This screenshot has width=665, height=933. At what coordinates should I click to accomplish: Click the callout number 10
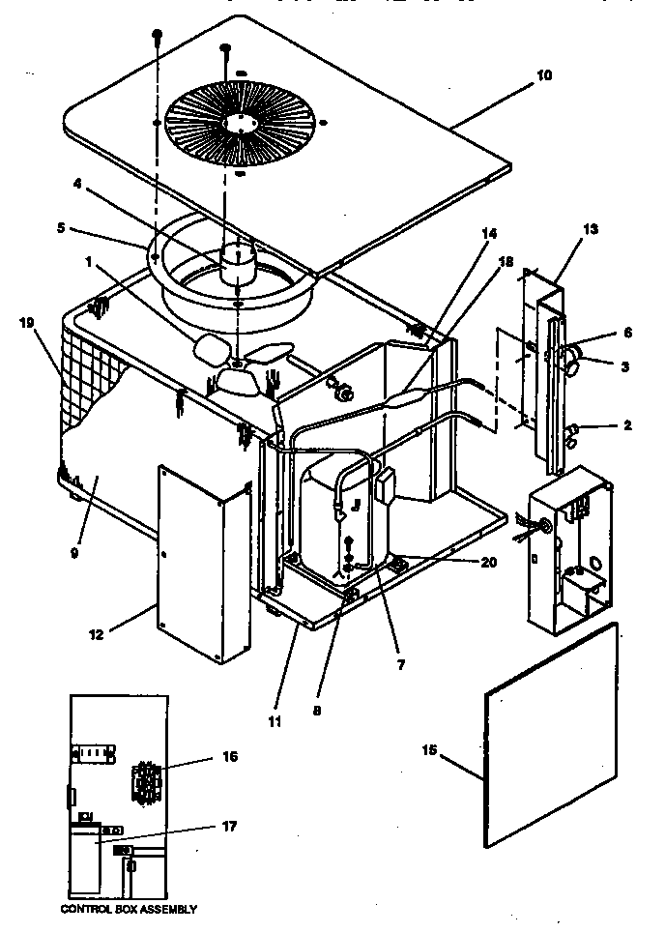point(544,75)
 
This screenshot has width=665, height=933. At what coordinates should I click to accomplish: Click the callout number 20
point(486,560)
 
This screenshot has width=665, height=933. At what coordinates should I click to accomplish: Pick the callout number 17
point(228,826)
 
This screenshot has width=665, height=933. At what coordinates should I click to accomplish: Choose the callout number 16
point(228,756)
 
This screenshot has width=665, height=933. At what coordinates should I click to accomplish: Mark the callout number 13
point(591,229)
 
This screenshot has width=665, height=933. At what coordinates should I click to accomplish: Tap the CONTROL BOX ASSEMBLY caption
point(129,909)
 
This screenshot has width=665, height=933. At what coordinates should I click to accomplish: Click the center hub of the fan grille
point(237,122)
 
